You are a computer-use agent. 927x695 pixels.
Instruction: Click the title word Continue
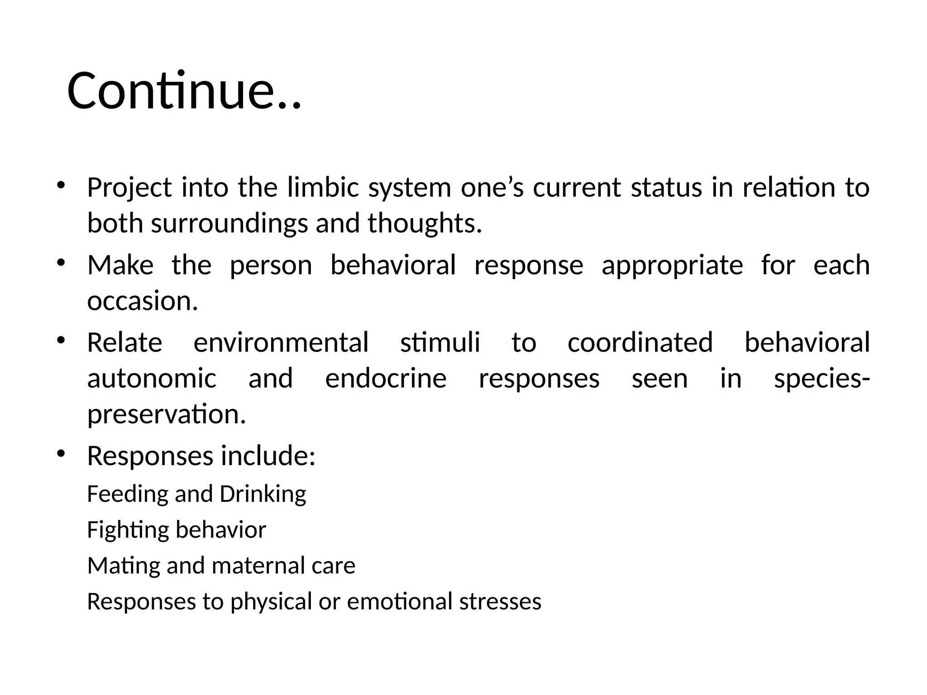183,91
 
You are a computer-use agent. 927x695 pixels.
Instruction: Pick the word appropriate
672,265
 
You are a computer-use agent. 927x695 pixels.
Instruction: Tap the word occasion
143,301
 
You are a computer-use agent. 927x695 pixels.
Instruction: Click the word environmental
281,343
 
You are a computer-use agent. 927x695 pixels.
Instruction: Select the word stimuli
440,343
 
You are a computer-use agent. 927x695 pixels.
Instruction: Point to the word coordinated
640,343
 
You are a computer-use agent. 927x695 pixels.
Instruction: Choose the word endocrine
386,379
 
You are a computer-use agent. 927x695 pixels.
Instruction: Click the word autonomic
152,379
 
